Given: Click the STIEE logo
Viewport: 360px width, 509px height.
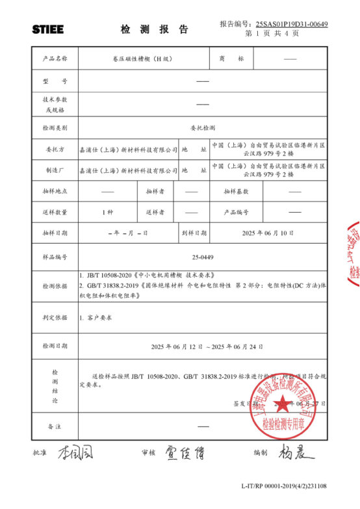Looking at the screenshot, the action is [x=48, y=29].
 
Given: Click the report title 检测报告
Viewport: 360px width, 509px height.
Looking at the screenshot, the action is [x=154, y=29].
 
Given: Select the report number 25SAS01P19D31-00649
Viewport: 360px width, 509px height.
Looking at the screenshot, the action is [x=292, y=24].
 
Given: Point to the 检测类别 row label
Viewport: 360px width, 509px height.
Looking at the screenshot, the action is [x=55, y=127].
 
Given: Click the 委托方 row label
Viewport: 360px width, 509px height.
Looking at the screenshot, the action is [x=55, y=150].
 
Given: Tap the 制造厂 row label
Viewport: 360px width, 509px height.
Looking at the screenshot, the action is [x=55, y=170].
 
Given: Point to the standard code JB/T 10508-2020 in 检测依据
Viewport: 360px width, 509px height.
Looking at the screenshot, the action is [x=112, y=275].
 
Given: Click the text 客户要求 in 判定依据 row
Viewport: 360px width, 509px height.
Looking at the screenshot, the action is [x=99, y=317].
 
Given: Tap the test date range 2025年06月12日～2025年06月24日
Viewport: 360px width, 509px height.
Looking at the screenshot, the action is [x=207, y=346].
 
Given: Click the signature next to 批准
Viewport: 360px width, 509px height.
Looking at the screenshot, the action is [x=75, y=452].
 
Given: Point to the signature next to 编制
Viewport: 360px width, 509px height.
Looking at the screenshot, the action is [x=296, y=451].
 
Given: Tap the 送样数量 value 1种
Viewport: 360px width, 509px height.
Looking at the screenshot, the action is [x=107, y=212].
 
